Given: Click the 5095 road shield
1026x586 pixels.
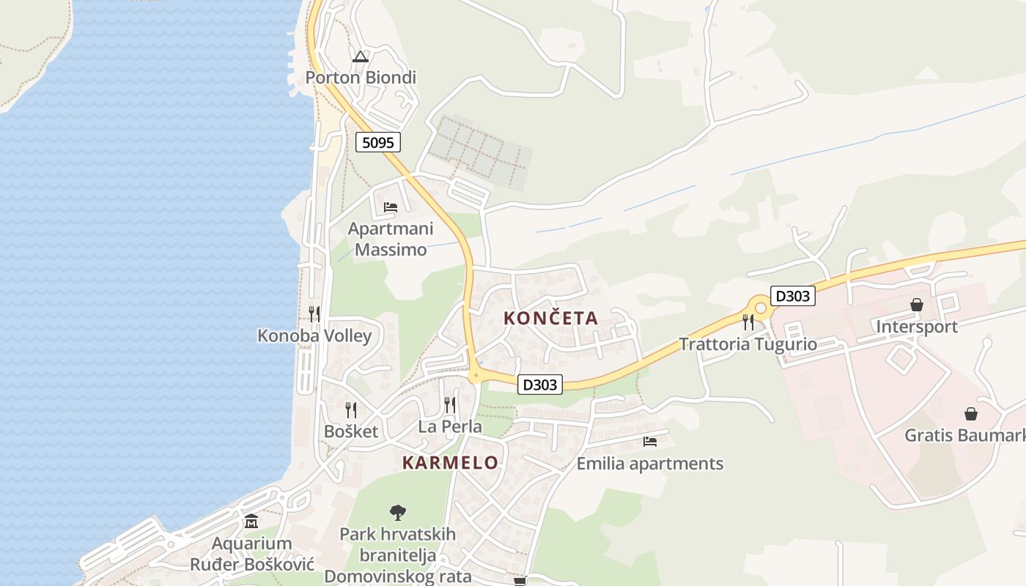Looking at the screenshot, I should pyautogui.click(x=378, y=142).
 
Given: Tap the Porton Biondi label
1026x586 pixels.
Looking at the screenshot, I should pyautogui.click(x=361, y=77).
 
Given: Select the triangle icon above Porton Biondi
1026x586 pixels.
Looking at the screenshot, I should pyautogui.click(x=360, y=56).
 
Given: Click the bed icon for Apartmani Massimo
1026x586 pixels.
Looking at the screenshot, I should pyautogui.click(x=391, y=207).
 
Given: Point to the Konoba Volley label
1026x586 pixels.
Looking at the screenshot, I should pyautogui.click(x=314, y=335).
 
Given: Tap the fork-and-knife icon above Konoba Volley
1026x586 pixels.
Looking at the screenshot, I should pyautogui.click(x=314, y=314).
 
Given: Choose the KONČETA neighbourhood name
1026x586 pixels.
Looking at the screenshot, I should pyautogui.click(x=551, y=318).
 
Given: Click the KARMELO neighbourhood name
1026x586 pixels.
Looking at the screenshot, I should pyautogui.click(x=450, y=462).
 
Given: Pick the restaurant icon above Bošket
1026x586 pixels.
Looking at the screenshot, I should pyautogui.click(x=351, y=410).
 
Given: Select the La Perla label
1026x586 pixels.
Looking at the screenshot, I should pyautogui.click(x=450, y=426).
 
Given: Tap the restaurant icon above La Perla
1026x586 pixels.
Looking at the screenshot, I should pyautogui.click(x=450, y=405).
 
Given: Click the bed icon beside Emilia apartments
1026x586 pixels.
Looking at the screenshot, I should pyautogui.click(x=649, y=442).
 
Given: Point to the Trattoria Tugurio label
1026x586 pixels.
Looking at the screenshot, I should pyautogui.click(x=748, y=344).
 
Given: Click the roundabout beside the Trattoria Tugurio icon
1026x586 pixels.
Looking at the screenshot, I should pyautogui.click(x=760, y=308).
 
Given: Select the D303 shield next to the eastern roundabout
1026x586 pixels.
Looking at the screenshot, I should pyautogui.click(x=793, y=296).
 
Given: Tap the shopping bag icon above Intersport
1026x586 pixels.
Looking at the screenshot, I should pyautogui.click(x=917, y=305).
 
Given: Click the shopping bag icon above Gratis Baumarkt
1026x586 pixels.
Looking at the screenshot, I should pyautogui.click(x=971, y=414).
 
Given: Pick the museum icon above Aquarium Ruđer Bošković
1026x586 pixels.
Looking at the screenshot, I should pyautogui.click(x=251, y=522).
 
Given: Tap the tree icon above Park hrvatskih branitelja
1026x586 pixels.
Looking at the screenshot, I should pyautogui.click(x=398, y=512).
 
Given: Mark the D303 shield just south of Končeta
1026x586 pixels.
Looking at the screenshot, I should pyautogui.click(x=540, y=385).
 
